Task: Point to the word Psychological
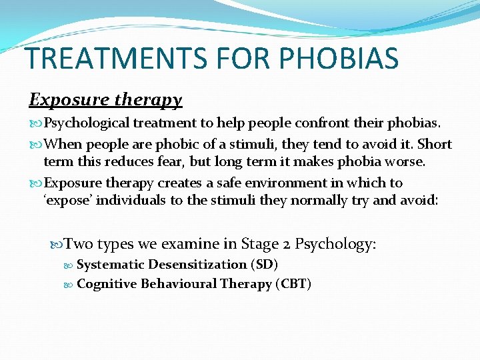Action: pyautogui.click(x=86, y=123)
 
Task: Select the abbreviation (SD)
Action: pyautogui.click(x=265, y=265)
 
